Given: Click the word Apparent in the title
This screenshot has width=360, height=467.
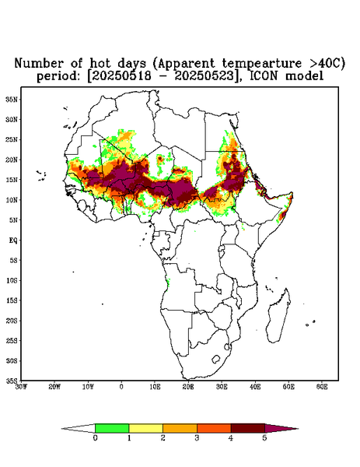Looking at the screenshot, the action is [187, 64].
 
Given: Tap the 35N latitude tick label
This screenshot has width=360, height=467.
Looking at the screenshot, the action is [12, 100].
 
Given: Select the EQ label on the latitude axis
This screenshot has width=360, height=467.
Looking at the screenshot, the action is [13, 240].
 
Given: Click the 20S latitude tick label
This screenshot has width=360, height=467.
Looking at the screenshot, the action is [12, 321].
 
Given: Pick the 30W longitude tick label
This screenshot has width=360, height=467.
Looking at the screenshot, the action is [21, 387].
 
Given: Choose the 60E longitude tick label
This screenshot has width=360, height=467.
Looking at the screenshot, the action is [322, 387].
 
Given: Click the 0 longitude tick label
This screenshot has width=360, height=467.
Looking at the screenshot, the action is [121, 387].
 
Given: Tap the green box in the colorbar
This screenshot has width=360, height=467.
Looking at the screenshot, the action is [112, 428].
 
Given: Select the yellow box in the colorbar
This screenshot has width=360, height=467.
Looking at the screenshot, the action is [145, 428].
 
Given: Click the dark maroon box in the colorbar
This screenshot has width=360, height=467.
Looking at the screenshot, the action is [248, 428].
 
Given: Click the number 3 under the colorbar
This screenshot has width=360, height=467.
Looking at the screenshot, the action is [197, 438].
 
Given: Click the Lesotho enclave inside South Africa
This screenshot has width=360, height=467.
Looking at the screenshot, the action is [215, 359].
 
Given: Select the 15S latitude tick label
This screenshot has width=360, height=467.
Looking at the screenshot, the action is [12, 300].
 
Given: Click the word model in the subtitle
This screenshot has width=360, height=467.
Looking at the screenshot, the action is [304, 76].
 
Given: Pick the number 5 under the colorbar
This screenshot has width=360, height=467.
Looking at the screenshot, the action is [265, 438].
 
